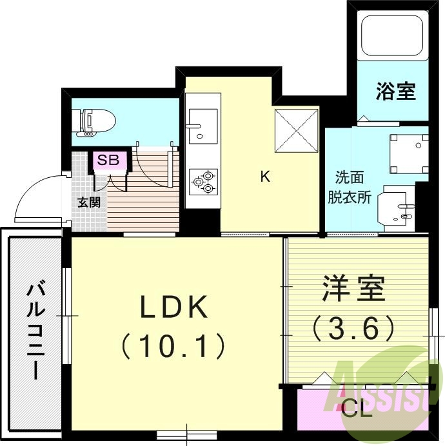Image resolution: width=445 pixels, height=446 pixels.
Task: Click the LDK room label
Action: tap(175, 309)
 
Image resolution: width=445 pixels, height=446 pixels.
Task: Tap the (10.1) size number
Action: tap(174, 346)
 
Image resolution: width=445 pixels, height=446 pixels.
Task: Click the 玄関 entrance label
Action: tap(89, 202)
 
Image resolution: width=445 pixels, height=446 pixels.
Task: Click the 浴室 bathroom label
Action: tap(395, 92)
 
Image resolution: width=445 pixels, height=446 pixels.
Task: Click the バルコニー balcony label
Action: tap(35, 330)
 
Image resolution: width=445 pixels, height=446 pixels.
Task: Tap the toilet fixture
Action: tap(95, 122)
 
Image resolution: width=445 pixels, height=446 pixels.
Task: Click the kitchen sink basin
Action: tap(203, 125)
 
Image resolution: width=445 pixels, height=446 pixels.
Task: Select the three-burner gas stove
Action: tap(203, 181)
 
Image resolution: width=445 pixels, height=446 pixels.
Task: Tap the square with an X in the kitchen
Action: tap(297, 131)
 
